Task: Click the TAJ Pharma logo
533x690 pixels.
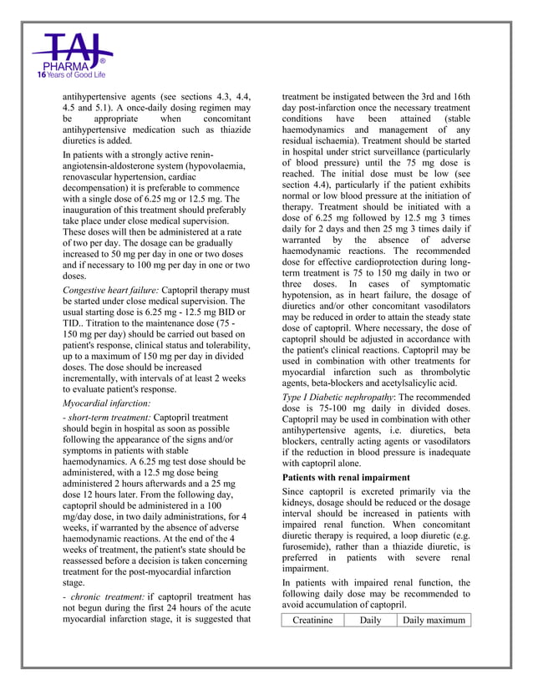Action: tap(72, 55)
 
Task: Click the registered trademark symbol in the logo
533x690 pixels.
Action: tap(102, 61)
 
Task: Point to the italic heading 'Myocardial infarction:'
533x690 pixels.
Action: tap(106, 403)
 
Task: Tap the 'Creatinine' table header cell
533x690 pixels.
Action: tap(312, 620)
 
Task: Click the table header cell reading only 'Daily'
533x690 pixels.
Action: tap(370, 620)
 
